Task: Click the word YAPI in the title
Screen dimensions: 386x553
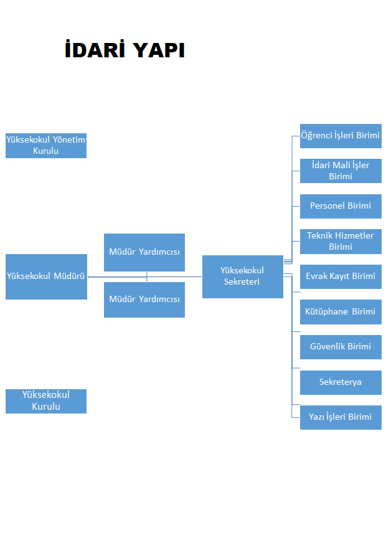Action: (x=159, y=50)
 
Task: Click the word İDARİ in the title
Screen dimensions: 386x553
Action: (x=95, y=49)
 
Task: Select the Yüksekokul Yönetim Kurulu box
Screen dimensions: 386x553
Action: (x=46, y=146)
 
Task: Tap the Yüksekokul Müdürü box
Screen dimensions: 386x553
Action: (x=46, y=277)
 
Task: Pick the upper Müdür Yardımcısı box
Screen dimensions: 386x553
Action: (x=144, y=252)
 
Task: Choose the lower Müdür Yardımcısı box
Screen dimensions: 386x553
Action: (x=144, y=300)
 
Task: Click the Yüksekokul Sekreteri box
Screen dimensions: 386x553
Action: (x=243, y=277)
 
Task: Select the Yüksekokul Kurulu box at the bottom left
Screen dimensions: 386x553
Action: (x=46, y=401)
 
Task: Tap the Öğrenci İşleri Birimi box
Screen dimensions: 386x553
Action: (x=341, y=136)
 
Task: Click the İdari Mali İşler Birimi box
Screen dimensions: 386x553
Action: (x=341, y=171)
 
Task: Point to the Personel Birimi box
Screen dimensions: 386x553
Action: (x=341, y=206)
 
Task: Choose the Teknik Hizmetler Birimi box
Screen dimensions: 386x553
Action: (x=341, y=242)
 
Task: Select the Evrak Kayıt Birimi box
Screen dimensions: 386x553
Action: (x=341, y=277)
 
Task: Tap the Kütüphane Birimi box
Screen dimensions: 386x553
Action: (x=341, y=312)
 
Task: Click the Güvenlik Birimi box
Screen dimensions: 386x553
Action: (x=341, y=347)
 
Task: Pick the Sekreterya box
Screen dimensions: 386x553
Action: (x=341, y=382)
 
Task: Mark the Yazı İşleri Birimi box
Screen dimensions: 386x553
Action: (x=341, y=418)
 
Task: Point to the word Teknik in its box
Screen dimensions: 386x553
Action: (x=320, y=235)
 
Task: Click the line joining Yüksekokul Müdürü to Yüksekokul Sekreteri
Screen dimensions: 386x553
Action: (x=145, y=277)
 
